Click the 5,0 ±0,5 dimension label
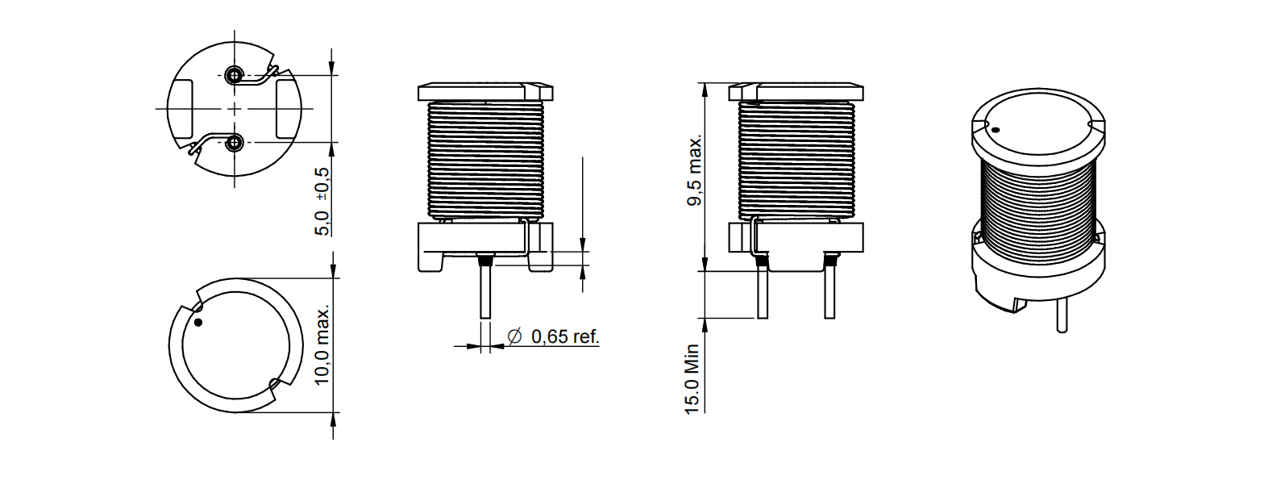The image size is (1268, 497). tap(322, 201)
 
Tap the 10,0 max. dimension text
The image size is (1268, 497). tap(322, 346)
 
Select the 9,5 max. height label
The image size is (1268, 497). tap(695, 170)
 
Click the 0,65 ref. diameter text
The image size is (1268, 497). tap(565, 336)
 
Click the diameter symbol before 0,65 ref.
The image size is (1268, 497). tap(514, 336)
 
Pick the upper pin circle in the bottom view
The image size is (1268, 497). tap(233, 74)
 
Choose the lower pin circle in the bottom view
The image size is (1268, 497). tap(233, 142)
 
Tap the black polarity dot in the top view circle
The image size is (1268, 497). tap(197, 323)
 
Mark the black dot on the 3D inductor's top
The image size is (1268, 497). tap(996, 131)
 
